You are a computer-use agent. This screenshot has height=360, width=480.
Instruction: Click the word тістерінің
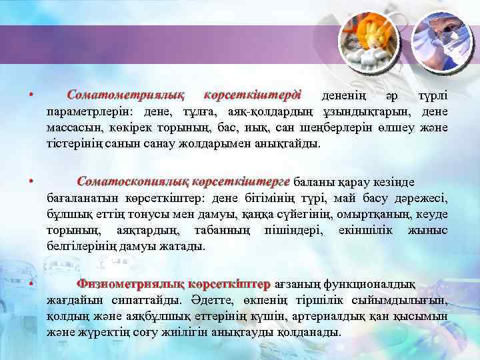point(73,143)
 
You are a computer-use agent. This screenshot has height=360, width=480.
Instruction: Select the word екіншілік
point(361,230)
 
